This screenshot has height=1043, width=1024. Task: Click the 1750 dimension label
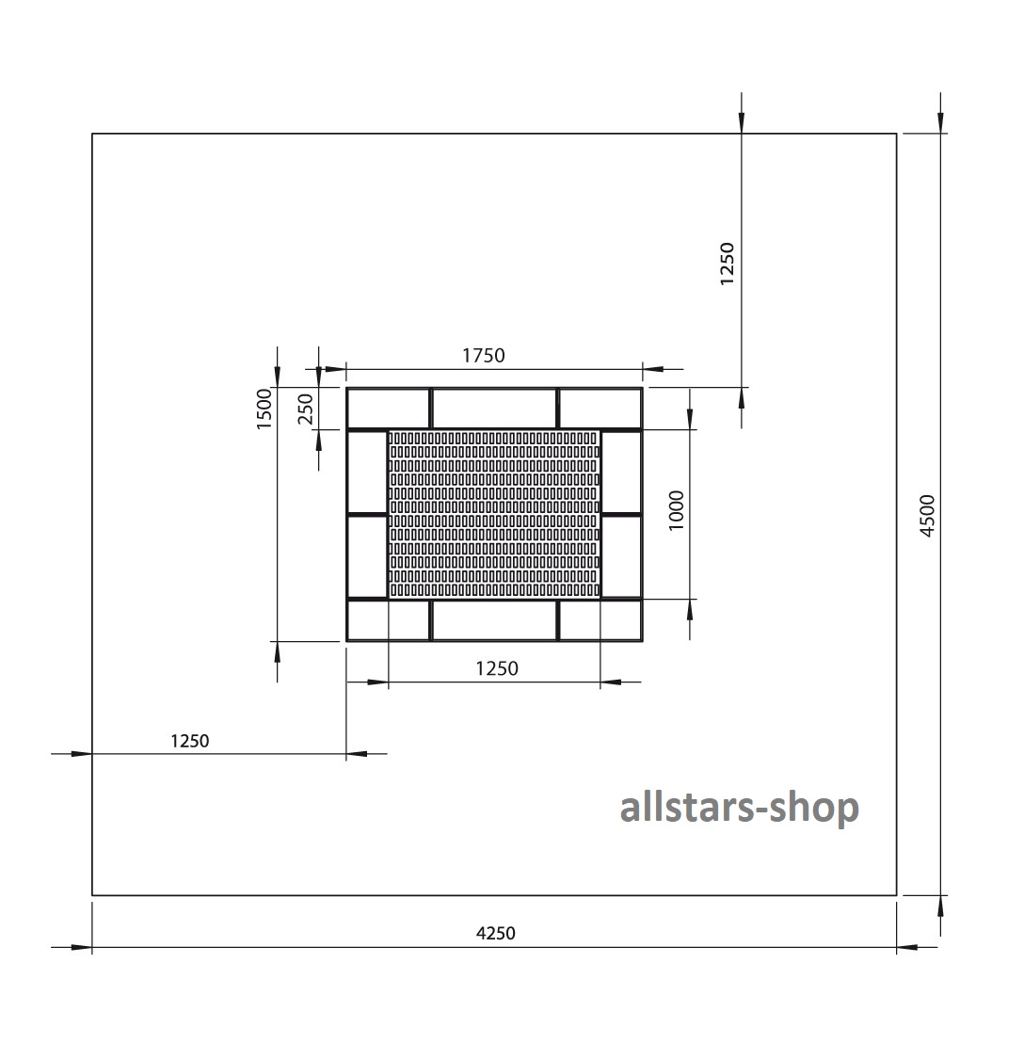(x=484, y=356)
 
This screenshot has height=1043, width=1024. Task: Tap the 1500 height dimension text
(x=264, y=409)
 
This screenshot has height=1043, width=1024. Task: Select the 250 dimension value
(x=305, y=409)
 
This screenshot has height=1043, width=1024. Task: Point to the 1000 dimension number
(x=677, y=510)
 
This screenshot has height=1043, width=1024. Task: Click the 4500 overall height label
(x=927, y=516)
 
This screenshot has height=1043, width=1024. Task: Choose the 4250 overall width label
(x=495, y=933)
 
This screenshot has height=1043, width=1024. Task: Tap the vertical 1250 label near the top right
(x=728, y=265)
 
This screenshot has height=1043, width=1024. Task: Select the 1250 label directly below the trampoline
(x=497, y=668)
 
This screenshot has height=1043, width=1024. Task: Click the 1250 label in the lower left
(x=190, y=741)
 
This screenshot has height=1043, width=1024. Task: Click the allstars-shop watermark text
(x=740, y=808)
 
